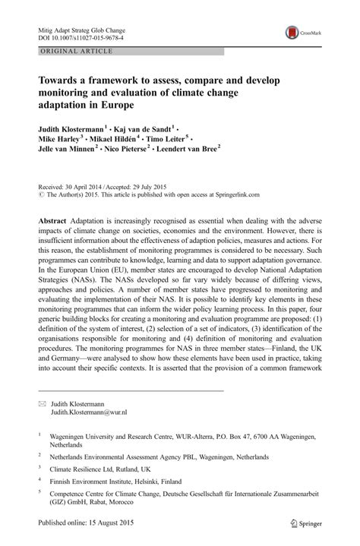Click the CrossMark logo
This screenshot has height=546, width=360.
[303, 33]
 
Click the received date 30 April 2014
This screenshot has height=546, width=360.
[73, 185]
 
